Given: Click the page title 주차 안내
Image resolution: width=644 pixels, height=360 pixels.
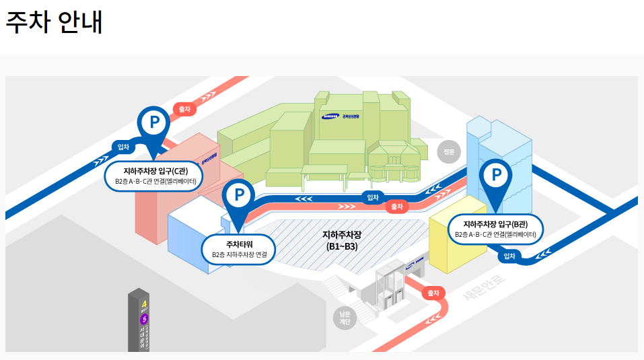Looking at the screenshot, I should (54, 22).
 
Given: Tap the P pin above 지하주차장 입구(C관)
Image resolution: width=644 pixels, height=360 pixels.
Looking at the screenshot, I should (154, 122).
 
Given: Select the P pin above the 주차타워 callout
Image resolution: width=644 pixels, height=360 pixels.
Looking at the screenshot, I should (238, 195).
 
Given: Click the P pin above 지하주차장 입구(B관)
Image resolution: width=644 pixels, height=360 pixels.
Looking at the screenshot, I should (497, 176).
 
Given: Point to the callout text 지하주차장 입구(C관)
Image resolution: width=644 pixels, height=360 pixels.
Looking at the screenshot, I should (155, 171).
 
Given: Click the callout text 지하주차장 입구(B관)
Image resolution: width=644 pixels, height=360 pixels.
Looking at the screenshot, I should (496, 224).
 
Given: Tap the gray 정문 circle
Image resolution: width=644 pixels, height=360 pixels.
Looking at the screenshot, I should (449, 152).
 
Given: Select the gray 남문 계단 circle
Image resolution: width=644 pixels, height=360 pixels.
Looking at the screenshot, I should (345, 318).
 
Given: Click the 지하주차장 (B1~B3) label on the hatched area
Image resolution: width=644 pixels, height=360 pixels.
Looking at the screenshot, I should (342, 240).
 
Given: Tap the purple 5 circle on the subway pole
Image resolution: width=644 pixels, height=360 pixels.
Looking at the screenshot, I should (143, 319).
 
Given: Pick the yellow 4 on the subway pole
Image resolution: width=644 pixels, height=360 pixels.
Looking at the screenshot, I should (143, 303).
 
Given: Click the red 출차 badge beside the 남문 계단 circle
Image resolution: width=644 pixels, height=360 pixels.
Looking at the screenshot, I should (433, 293).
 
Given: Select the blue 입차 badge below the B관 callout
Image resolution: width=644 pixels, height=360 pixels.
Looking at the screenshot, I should (509, 256).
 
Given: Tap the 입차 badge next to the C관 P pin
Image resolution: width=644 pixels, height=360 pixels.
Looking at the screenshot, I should (123, 147).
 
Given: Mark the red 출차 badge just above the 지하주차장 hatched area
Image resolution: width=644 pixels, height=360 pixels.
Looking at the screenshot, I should (397, 207).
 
